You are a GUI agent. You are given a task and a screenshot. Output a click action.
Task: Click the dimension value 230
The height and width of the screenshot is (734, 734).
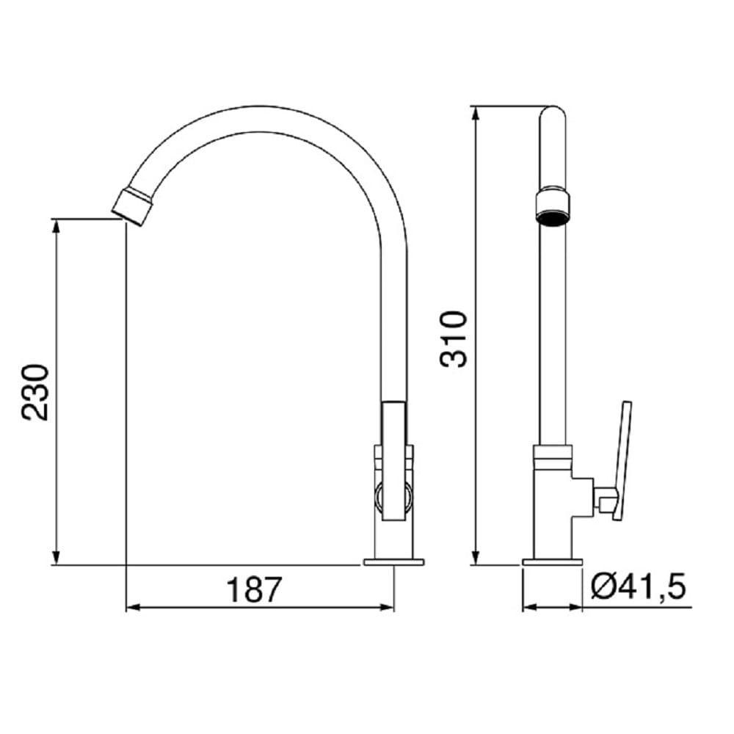point(35,391)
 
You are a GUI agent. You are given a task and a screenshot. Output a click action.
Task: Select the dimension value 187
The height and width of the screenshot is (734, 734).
point(253,589)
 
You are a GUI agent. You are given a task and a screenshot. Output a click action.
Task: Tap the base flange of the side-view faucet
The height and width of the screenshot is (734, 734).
point(394,562)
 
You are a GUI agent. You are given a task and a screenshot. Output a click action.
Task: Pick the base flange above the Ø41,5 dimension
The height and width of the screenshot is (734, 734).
point(552,562)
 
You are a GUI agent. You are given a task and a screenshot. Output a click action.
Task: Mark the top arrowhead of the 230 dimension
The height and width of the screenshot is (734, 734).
point(56,223)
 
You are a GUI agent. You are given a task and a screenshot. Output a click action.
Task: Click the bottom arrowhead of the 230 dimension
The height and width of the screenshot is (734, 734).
point(56,559)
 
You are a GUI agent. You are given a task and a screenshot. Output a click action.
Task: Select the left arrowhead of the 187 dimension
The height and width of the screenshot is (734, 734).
point(132,608)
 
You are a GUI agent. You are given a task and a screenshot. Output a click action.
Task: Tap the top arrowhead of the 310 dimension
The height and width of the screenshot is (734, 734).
point(476,112)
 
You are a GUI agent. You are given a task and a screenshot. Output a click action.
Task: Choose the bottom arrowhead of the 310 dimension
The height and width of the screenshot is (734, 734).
point(476,559)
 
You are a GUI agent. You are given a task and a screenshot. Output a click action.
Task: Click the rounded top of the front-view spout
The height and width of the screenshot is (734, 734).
point(552,114)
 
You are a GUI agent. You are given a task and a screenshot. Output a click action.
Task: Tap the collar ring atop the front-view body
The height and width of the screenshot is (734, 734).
point(552,457)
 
